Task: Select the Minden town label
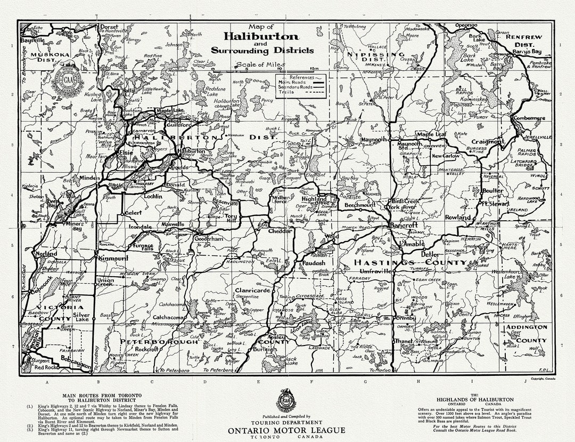point(90,178)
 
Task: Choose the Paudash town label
point(314,263)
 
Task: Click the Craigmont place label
point(487,142)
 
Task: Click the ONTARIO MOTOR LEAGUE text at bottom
point(286,430)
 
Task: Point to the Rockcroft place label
point(147,349)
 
